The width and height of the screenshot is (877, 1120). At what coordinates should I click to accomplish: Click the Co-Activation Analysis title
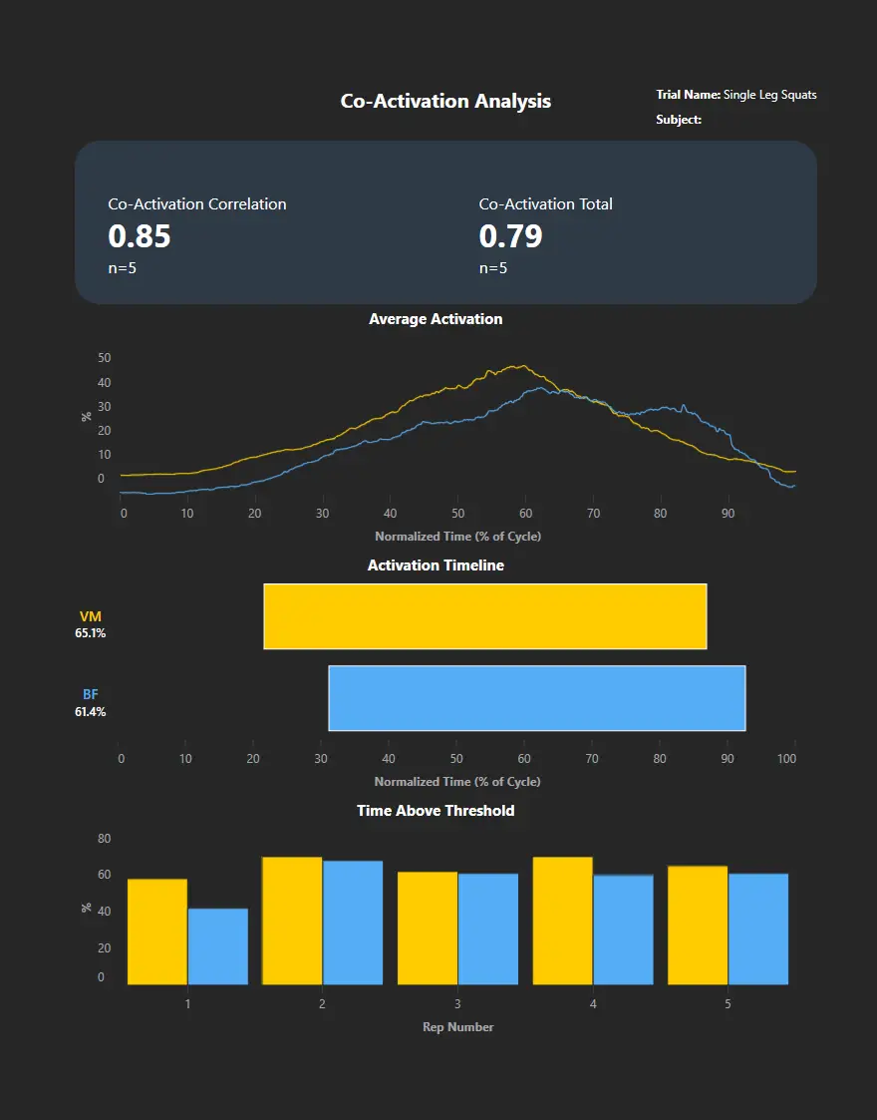[x=445, y=101]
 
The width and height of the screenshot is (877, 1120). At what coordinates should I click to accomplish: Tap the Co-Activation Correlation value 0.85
[x=140, y=236]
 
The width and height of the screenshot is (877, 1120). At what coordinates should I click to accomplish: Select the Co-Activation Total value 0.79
[x=510, y=236]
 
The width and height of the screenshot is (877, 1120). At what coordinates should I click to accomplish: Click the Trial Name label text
[x=688, y=95]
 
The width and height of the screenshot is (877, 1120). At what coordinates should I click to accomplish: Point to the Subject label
[x=679, y=120]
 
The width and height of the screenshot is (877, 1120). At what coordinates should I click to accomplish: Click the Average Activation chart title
[x=436, y=319]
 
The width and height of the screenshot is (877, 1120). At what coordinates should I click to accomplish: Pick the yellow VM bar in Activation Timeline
[x=484, y=616]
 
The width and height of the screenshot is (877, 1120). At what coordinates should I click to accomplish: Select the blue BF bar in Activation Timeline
[x=537, y=698]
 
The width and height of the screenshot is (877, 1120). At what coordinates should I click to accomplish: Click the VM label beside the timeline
[x=90, y=617]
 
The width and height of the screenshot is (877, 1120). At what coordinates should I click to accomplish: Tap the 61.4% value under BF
[x=90, y=712]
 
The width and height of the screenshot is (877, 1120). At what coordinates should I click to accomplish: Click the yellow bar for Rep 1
[x=157, y=932]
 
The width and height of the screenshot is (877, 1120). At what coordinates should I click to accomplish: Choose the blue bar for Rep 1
[x=217, y=946]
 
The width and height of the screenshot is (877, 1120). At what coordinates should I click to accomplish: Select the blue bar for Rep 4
[x=623, y=930]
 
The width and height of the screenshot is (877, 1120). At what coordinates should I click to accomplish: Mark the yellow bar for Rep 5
[x=698, y=925]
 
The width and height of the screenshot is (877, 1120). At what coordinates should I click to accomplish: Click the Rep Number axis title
[x=457, y=1027]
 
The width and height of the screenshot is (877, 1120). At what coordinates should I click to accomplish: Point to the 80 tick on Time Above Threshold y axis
[x=105, y=838]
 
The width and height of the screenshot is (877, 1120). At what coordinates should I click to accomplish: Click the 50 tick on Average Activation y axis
[x=105, y=358]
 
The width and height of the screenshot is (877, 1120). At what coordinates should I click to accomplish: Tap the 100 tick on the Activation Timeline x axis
[x=786, y=760]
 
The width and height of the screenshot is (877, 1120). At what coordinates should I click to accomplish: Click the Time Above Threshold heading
[x=436, y=811]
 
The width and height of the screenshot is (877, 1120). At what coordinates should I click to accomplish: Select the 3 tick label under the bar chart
[x=457, y=1004]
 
